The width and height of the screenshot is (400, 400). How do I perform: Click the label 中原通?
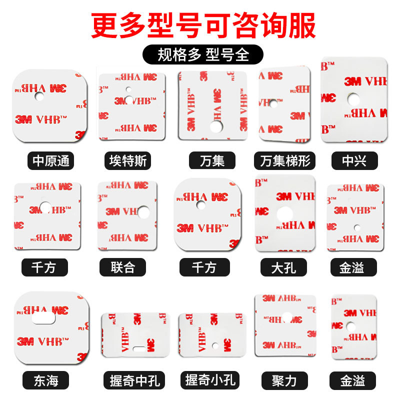coord(50,161)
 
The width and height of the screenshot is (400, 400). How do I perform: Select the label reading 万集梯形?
coord(285,161)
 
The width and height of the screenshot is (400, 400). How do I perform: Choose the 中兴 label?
coord(354,161)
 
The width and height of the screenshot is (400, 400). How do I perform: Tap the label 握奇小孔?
coord(209,381)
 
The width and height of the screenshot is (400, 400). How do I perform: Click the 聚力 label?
coord(285,381)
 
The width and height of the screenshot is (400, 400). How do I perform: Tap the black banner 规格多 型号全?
coord(203,54)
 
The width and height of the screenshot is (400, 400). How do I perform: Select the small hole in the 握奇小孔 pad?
coord(213,345)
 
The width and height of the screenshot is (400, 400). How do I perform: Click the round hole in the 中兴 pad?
coord(354,98)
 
